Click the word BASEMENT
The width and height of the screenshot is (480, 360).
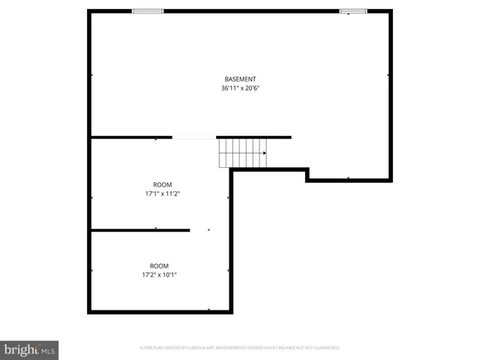pos(240,79)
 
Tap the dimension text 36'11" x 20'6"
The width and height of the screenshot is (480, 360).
pos(240,88)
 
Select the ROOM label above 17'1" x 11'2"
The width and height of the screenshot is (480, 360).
pos(163,184)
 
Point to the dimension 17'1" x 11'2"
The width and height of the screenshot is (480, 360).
pos(163,193)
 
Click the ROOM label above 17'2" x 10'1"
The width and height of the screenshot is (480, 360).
pos(159,265)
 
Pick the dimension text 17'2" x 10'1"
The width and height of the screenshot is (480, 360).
pos(159,274)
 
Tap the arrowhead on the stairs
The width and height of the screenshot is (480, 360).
pos(264,153)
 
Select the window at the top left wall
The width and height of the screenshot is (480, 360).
pos(148,10)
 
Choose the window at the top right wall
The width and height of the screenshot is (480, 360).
pos(353,10)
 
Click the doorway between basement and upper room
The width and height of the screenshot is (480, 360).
pos(194,137)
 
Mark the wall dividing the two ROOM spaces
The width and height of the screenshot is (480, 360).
pos(140,230)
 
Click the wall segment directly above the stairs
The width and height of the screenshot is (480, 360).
pos(253,137)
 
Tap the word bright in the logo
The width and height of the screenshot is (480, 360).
pos(20,349)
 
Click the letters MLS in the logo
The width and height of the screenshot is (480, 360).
pos(47,350)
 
